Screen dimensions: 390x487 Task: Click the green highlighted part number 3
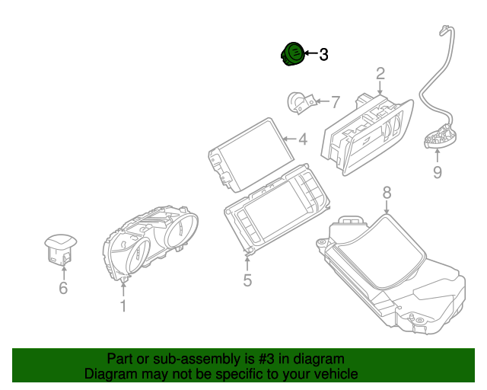click(291, 54)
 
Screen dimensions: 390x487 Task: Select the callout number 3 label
click(323, 55)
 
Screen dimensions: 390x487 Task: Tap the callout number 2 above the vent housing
click(380, 74)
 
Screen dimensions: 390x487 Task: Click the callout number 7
click(336, 101)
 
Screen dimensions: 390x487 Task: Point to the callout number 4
click(302, 139)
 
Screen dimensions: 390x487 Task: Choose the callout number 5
click(247, 280)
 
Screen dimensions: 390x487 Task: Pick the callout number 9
click(437, 172)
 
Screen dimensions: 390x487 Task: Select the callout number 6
click(63, 287)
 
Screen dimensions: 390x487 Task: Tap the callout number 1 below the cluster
click(123, 305)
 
